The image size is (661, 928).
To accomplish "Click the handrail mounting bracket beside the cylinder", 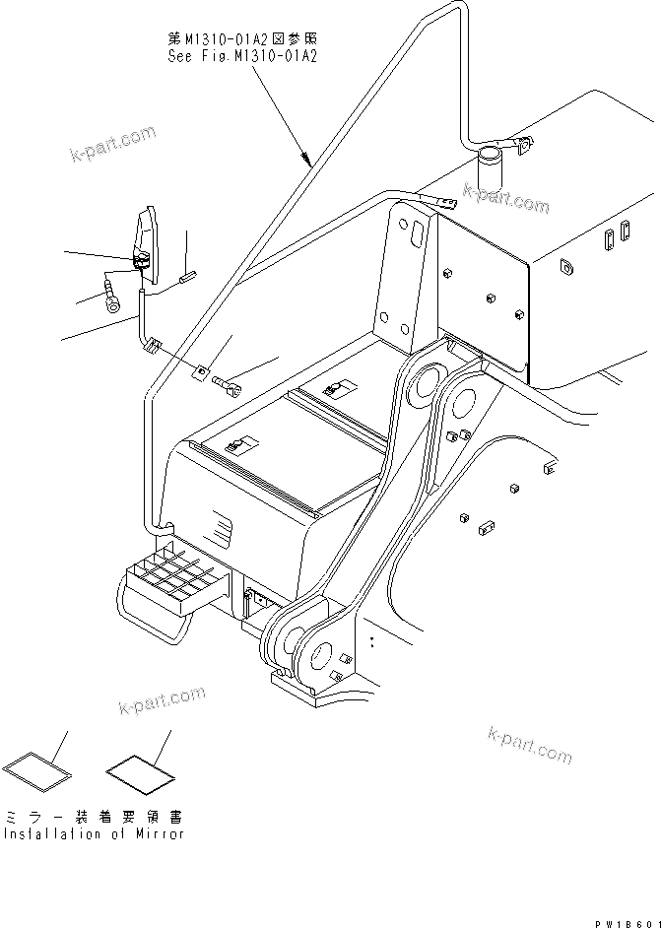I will pos(521,147).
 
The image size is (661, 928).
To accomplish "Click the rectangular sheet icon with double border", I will pos(38,766).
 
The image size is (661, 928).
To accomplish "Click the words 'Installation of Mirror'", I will pos(93,833).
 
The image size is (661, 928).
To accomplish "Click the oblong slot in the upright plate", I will pos(415,235).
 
